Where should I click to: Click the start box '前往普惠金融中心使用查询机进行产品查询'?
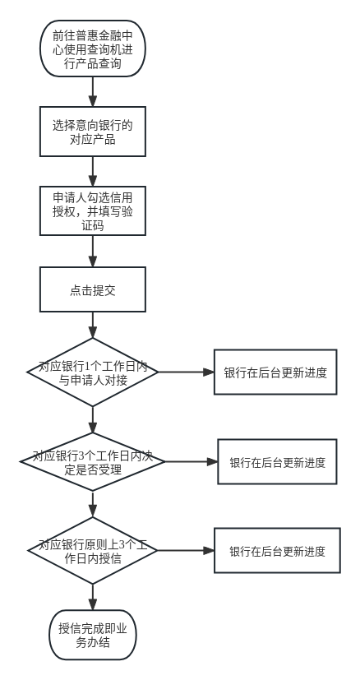93,49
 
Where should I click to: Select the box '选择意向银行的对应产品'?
93,132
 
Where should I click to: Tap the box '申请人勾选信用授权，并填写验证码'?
93,210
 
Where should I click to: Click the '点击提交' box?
93,289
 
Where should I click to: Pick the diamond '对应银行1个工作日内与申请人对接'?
93,372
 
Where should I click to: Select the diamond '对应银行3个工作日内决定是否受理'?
93,462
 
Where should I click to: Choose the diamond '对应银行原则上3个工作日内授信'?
93,551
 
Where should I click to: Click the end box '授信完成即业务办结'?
93,635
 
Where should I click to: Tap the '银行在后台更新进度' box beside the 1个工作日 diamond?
275,372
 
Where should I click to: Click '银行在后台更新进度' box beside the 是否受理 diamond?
277,462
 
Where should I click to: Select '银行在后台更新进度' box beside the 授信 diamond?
277,551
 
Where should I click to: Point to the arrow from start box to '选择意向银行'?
93,92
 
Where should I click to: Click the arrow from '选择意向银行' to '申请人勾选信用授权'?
93,171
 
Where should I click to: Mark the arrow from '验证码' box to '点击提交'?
93,251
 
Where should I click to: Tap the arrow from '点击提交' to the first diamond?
93,325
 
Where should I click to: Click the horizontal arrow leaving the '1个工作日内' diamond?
186,372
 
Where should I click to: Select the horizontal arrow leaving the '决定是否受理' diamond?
192,462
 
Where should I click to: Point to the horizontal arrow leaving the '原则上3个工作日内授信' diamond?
186,551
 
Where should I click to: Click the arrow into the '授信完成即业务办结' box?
93,597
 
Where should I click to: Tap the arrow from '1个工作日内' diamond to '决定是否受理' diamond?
93,420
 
